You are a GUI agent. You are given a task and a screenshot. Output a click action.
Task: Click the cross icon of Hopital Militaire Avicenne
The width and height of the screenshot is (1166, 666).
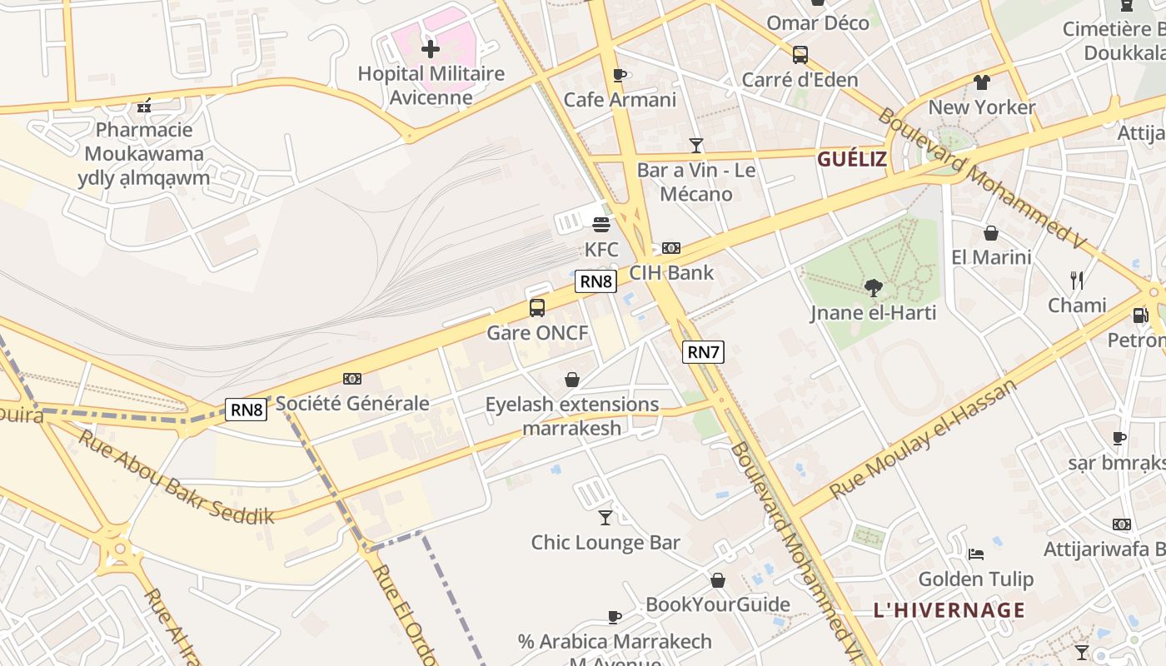pos(430,49)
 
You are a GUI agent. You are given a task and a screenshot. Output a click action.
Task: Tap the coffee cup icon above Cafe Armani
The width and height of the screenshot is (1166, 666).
pos(619,76)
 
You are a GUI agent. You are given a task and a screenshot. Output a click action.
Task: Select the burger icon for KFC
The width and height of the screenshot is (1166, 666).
pos(601,224)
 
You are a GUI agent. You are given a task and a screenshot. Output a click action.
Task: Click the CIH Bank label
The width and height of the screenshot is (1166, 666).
pos(671,272)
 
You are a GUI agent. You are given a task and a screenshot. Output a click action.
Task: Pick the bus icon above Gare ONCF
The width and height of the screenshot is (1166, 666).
pos(537,308)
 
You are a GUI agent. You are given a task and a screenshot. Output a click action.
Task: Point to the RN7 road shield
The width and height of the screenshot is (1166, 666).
pos(703,352)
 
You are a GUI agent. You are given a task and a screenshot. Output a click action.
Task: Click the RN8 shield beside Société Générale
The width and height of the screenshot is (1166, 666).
pos(247,410)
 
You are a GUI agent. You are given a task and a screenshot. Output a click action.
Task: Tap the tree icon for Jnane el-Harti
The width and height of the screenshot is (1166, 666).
pos(874,288)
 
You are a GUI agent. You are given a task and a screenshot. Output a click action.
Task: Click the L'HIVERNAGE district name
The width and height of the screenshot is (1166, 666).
pos(949,610)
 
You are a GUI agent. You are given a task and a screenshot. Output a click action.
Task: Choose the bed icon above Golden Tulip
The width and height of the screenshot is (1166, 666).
pos(976,554)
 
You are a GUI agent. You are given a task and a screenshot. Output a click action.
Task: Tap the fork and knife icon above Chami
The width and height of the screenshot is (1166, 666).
pos(1077,281)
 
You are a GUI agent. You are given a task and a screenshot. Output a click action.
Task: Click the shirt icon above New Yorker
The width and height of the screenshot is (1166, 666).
pos(982,82)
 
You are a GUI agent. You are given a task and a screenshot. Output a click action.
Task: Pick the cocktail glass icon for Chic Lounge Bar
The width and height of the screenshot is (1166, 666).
pos(605,518)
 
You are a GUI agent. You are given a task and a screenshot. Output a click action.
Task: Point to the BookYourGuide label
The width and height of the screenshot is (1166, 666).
pos(718,604)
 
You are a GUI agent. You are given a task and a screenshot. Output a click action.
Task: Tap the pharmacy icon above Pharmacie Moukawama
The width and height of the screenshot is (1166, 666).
pos(144,106)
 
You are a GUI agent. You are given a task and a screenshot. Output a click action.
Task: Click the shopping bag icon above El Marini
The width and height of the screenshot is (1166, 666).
pos(991,233)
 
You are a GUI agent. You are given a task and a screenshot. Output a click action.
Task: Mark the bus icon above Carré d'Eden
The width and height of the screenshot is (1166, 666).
pos(800,55)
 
